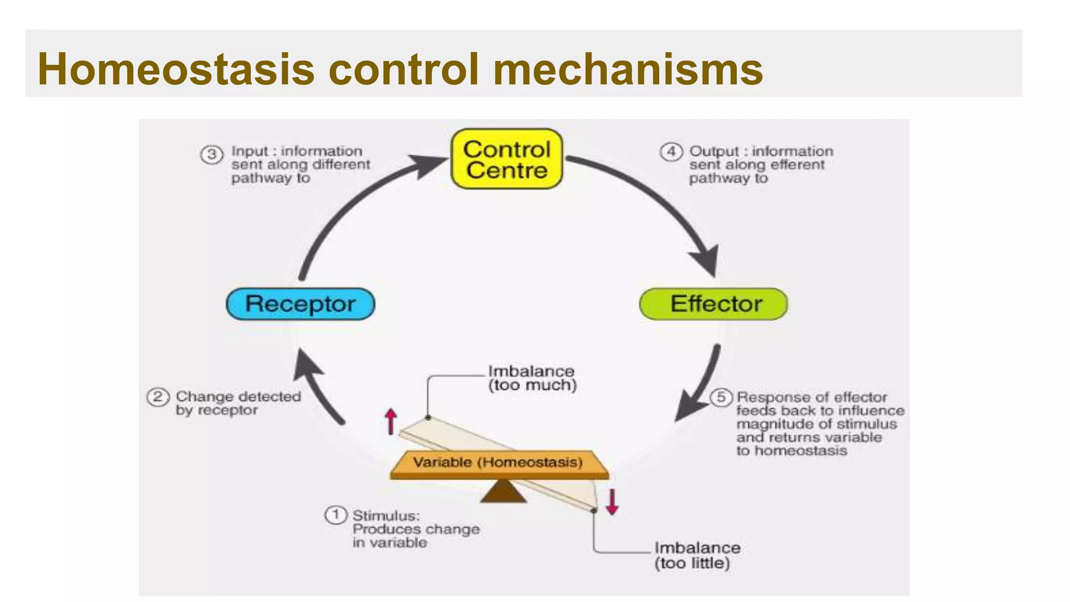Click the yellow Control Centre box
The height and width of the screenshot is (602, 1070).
click(506, 159)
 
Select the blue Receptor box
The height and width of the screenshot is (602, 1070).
click(300, 304)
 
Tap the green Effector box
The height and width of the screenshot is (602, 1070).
click(714, 304)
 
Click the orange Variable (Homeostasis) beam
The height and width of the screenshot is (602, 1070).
click(499, 464)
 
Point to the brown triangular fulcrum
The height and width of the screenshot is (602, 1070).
click(503, 492)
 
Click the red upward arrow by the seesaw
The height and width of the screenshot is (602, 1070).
click(390, 421)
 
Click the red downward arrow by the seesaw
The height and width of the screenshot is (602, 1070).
click(612, 502)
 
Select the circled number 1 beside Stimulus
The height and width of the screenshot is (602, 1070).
click(335, 515)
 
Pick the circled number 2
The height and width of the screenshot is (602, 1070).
click(158, 397)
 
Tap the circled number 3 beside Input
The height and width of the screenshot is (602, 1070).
click(212, 154)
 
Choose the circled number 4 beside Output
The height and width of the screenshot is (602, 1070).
click(671, 152)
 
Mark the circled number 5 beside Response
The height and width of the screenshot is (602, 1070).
click(721, 397)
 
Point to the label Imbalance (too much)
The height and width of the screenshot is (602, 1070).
click(531, 378)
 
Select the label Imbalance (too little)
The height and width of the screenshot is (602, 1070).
click(697, 555)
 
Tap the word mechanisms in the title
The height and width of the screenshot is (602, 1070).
click(627, 69)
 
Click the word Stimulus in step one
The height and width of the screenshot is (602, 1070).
click(386, 515)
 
